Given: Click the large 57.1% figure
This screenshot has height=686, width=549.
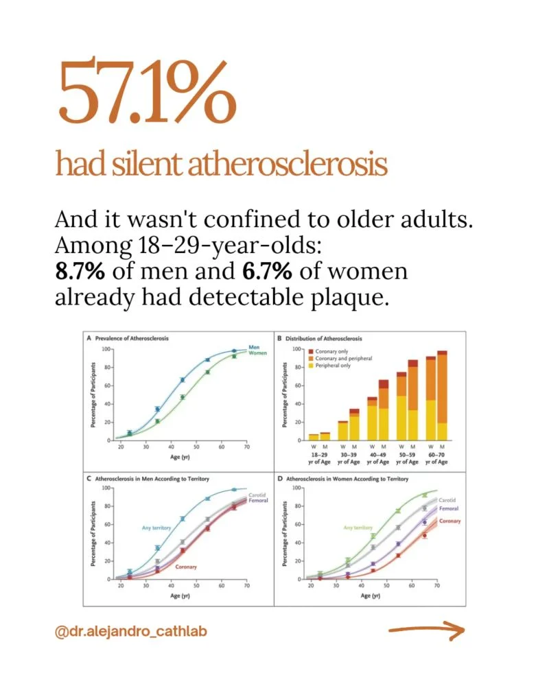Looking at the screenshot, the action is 147,92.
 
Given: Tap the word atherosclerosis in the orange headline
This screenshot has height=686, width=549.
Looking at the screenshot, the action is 288,165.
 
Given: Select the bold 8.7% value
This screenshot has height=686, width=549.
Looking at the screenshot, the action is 80,271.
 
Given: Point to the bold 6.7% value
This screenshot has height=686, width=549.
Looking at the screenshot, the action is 267,271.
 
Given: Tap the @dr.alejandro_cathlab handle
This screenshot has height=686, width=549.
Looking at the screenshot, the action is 130,632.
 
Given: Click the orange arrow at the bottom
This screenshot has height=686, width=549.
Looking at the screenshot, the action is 427,630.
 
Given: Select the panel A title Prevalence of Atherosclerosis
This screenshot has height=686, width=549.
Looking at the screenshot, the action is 132,338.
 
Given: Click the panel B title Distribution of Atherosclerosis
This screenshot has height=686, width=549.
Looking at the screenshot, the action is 323,338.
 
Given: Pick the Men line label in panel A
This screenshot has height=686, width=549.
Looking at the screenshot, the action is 254,347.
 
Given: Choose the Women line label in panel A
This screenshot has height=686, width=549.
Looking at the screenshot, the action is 257,353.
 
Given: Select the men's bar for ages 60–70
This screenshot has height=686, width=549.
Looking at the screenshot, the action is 442,396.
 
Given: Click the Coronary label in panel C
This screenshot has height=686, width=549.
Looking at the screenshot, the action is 186,567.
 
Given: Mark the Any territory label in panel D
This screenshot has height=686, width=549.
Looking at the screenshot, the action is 358,528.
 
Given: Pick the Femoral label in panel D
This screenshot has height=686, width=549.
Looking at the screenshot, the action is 449,508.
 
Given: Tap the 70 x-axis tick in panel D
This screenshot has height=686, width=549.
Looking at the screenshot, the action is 437,585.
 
